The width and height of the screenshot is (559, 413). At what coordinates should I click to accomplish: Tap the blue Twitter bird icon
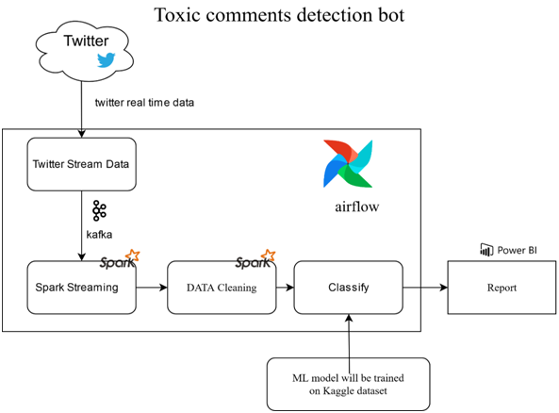pos(105,60)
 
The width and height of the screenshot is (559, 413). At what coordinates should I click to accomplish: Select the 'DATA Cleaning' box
pos(220,288)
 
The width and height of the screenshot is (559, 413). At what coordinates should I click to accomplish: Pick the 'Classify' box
pos(348,288)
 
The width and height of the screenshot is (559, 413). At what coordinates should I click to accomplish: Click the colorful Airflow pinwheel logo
pos(348,164)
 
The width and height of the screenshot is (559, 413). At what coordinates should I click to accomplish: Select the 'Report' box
pos(501,288)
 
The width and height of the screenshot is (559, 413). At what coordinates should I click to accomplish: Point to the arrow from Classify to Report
pos(424,288)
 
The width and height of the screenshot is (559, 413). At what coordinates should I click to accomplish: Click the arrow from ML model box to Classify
pos(348,336)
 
